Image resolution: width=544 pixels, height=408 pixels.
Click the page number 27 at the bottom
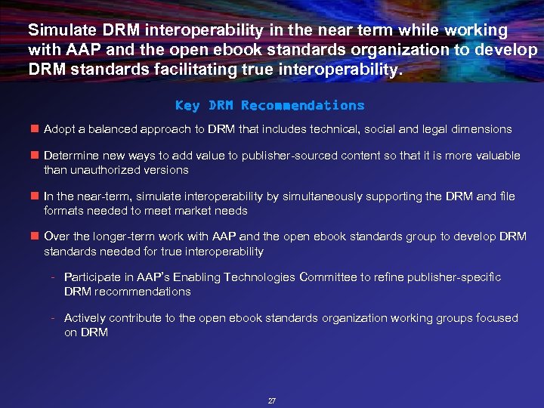272,400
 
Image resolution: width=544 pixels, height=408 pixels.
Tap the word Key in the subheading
187,106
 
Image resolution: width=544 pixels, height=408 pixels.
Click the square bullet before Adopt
34,129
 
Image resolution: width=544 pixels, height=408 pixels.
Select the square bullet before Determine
34,156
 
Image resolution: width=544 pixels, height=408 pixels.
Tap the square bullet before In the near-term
34,196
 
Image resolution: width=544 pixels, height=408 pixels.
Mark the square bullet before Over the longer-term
34,236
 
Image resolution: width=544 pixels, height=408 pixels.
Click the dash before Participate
54,277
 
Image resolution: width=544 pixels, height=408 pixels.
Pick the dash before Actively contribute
54,318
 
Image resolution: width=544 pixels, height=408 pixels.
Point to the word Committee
328,277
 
